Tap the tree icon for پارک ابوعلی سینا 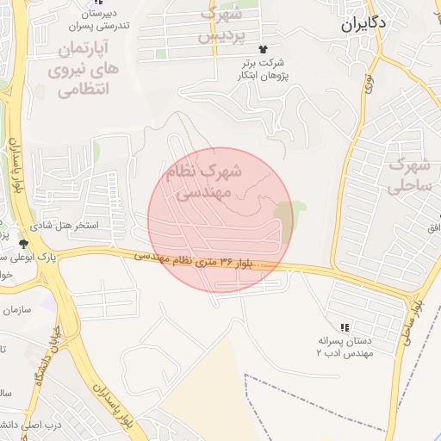point(23,244)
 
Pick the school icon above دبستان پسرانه point(345,327)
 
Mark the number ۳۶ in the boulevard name point(227,262)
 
